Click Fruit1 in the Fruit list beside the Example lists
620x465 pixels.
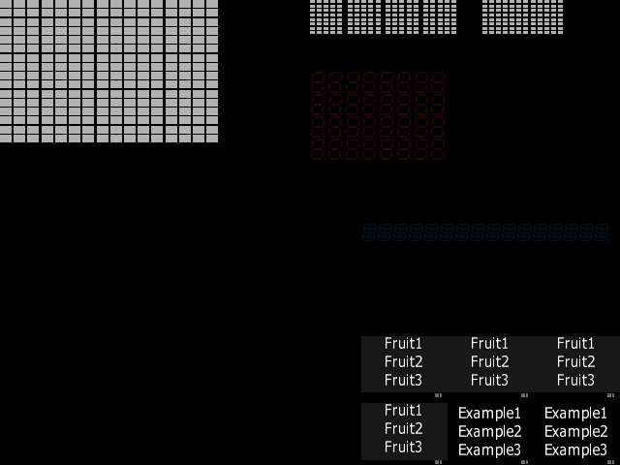[x=403, y=410]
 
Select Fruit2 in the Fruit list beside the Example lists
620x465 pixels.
[x=403, y=428]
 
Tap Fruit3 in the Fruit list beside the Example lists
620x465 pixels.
[x=403, y=447]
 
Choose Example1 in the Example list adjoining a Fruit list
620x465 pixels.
[x=489, y=414]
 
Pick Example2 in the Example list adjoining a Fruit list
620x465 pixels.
[x=489, y=432]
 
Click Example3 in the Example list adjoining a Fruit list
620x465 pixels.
[x=489, y=450]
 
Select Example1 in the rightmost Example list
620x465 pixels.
[x=575, y=414]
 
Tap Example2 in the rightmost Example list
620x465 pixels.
[x=575, y=432]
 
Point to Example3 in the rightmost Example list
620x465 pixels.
[x=575, y=450]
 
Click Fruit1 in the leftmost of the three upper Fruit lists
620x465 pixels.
[x=403, y=343]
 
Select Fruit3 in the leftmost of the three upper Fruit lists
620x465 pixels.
[x=403, y=380]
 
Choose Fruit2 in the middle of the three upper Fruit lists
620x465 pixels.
[x=489, y=361]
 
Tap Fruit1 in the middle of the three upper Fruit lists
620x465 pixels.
[x=489, y=343]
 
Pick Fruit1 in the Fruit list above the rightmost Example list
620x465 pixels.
[x=575, y=343]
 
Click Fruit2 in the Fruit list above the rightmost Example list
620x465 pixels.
[x=575, y=361]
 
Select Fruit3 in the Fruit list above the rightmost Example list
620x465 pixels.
[x=575, y=380]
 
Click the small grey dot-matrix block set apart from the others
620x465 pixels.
[x=522, y=17]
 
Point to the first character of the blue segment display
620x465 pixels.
[x=369, y=232]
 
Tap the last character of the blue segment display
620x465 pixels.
[x=602, y=232]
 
